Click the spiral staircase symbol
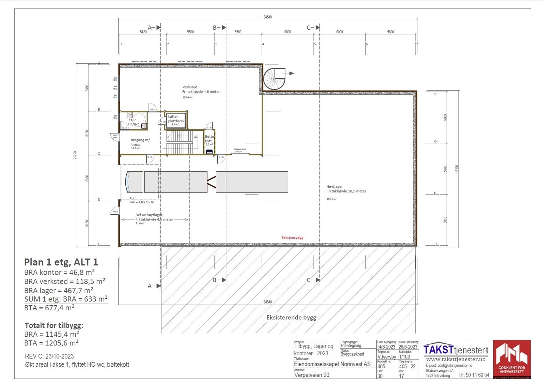275,79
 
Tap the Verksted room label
190,87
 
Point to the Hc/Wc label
134,124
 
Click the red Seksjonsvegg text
292,237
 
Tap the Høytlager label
334,187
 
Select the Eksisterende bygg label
291,318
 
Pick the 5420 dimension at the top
143,32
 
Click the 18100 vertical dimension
457,169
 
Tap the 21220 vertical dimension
75,155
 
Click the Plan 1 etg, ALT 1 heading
61,262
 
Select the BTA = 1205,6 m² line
51,343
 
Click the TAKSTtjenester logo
455,350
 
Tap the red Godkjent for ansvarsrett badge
512,359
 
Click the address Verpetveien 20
312,375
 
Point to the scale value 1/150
405,357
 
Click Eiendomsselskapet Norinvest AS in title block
332,364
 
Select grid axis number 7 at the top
417,44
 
